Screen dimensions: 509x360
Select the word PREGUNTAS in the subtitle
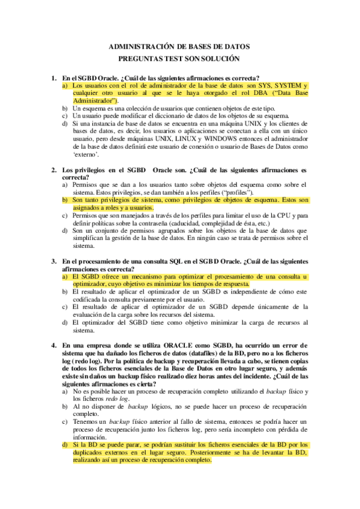pos(142,58)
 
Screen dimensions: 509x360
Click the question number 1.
pos(53,78)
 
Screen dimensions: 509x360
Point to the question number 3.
pos(53,262)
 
